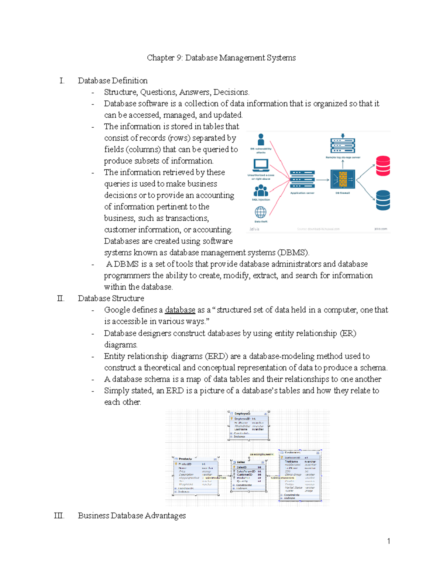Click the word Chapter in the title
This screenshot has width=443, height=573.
tap(161, 58)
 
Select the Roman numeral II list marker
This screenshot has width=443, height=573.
tap(61, 298)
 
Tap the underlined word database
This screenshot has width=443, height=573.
tap(180, 310)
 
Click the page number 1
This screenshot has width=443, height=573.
tap(388, 541)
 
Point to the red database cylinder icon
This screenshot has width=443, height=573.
tap(383, 166)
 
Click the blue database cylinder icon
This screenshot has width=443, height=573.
tap(383, 200)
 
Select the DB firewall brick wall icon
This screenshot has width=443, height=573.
tap(343, 179)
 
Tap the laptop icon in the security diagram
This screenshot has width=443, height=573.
tap(261, 165)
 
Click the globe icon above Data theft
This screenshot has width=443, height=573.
tap(261, 212)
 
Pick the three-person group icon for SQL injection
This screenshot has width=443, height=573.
tap(261, 190)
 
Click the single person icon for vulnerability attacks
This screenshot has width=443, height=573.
tap(261, 140)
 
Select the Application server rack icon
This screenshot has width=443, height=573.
tap(302, 180)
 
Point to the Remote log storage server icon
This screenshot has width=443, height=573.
tap(343, 145)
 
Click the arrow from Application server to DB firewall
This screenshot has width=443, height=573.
tap(322, 180)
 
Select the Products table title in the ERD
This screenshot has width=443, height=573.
tap(185, 459)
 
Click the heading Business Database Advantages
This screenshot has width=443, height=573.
tap(132, 516)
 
